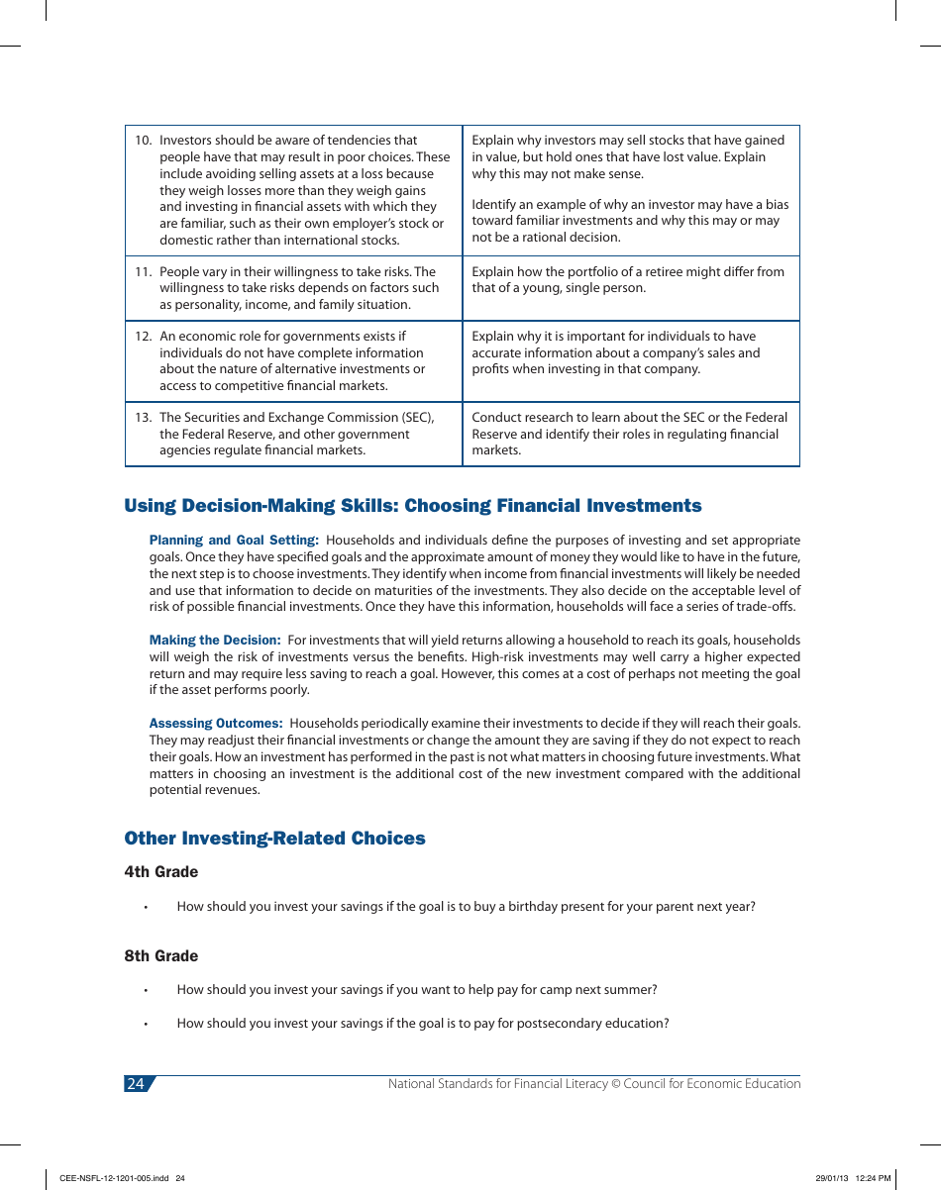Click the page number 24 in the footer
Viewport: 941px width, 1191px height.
click(136, 1084)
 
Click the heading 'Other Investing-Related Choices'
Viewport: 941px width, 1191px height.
click(274, 839)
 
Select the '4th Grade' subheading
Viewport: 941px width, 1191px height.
click(160, 872)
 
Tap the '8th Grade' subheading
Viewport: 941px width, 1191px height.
click(160, 956)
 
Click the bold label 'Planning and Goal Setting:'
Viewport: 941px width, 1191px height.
click(234, 541)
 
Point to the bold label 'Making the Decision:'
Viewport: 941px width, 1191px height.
click(215, 641)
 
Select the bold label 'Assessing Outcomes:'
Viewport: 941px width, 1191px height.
click(216, 724)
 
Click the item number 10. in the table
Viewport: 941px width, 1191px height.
click(144, 141)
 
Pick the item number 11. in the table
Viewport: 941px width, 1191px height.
click(144, 272)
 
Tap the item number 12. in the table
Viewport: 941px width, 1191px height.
click(144, 337)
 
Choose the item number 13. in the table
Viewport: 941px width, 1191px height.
click(144, 418)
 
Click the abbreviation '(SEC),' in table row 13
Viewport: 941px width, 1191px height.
click(414, 418)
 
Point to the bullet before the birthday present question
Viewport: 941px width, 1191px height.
click(145, 908)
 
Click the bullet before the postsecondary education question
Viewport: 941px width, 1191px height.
click(145, 1025)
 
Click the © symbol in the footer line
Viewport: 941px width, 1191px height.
click(615, 1084)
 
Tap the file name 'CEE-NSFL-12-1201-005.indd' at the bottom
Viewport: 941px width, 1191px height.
click(115, 1178)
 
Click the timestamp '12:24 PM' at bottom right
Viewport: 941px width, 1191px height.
click(873, 1178)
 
